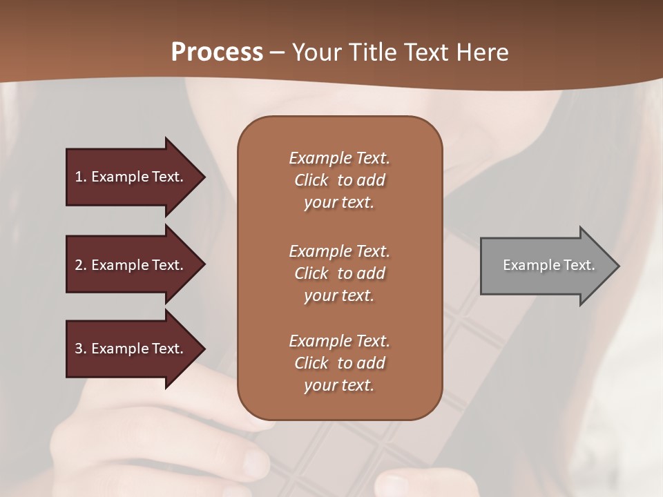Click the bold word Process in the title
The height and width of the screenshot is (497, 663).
[217, 52]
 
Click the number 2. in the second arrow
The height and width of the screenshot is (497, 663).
[81, 265]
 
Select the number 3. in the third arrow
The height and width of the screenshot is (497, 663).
[81, 349]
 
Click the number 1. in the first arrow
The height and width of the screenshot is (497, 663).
[80, 177]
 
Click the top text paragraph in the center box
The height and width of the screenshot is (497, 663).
[339, 180]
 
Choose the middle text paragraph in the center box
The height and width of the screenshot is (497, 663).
[339, 273]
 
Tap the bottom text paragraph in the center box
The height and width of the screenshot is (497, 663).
[339, 363]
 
